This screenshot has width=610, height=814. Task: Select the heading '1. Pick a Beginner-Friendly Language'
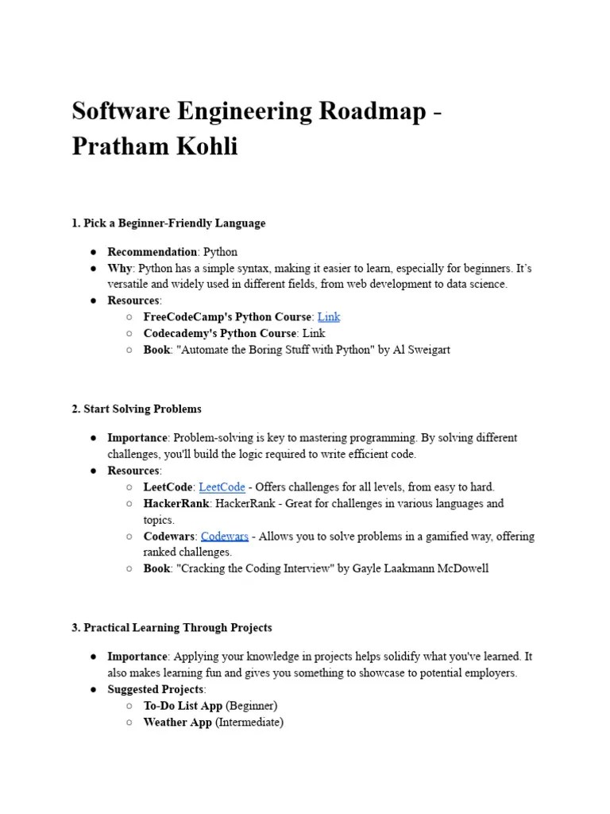(168, 223)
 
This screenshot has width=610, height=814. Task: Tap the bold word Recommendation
(152, 252)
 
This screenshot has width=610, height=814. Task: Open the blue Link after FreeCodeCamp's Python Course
(328, 316)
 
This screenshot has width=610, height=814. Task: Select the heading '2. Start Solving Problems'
(137, 409)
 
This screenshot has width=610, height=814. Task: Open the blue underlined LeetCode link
(222, 486)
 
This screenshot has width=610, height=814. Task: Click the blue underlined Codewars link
(225, 537)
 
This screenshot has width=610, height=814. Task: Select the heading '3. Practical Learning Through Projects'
(172, 627)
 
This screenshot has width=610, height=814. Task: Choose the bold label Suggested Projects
(156, 689)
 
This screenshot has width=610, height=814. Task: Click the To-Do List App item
(183, 706)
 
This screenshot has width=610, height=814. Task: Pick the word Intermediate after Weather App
(255, 723)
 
